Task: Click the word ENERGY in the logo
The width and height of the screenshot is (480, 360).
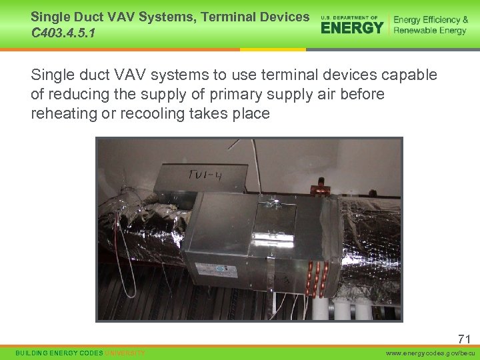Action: click(352, 27)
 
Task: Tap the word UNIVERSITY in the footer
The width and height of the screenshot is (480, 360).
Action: click(125, 353)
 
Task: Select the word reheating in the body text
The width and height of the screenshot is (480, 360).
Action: click(64, 113)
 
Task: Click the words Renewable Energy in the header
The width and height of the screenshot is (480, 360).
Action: click(430, 31)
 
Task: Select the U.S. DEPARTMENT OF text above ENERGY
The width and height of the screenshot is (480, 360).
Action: click(349, 17)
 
